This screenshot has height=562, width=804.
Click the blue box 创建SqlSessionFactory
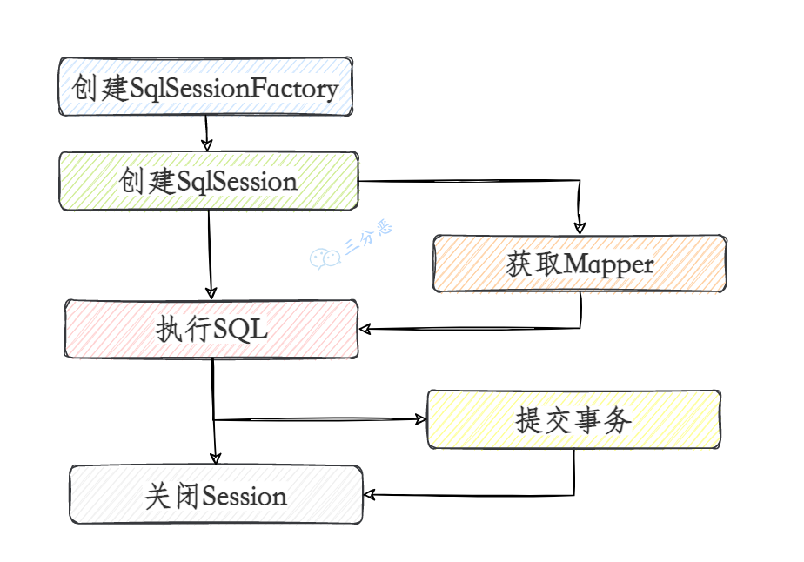pyautogui.click(x=205, y=87)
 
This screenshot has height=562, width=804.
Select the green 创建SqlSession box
pyautogui.click(x=209, y=181)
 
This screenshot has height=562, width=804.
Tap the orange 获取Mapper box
pyautogui.click(x=580, y=263)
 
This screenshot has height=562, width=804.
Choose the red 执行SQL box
pyautogui.click(x=211, y=329)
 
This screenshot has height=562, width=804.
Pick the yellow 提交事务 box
pyautogui.click(x=573, y=419)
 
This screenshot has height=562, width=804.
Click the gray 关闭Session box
pyautogui.click(x=216, y=495)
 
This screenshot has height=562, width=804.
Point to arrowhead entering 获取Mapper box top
pyautogui.click(x=580, y=228)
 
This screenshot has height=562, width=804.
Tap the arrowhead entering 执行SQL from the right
pyautogui.click(x=367, y=329)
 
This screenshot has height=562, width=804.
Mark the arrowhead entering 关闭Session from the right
pyautogui.click(x=370, y=495)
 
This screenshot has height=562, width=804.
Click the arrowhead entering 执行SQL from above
pyautogui.click(x=210, y=293)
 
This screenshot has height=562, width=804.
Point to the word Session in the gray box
pyautogui.click(x=245, y=496)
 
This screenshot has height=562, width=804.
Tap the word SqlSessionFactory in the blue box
pyautogui.click(x=234, y=88)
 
